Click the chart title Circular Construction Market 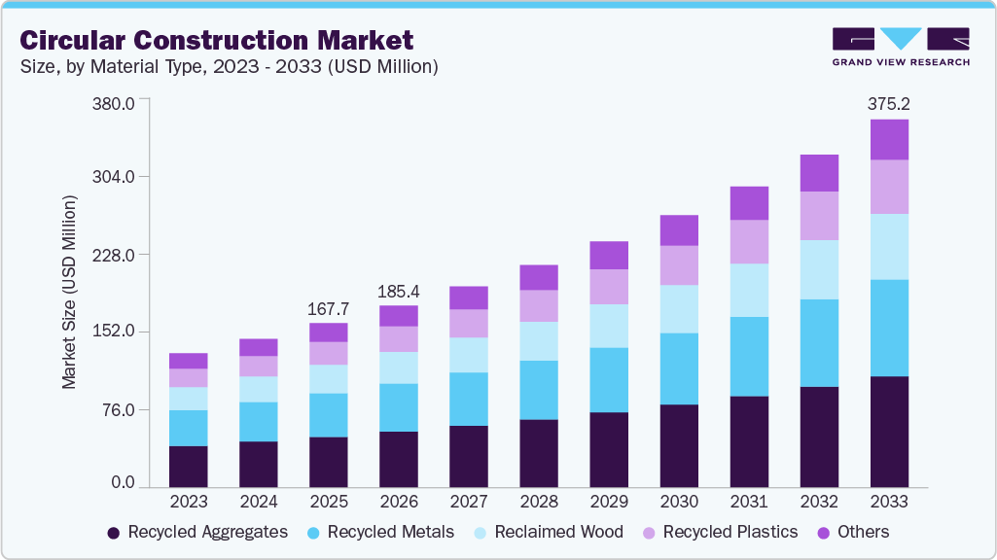[x=217, y=40]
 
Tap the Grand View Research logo [x=901, y=47]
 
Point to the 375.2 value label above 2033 [x=889, y=103]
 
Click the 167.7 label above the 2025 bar [x=329, y=308]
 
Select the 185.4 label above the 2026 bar [x=399, y=291]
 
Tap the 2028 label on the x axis [x=539, y=503]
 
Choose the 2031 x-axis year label [x=749, y=503]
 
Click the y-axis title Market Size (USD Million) [x=69, y=292]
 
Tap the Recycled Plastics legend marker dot [x=647, y=533]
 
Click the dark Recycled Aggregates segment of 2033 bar [x=889, y=431]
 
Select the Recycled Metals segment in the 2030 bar [x=679, y=368]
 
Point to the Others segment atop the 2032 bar [x=819, y=173]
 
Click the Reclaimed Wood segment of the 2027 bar [x=469, y=355]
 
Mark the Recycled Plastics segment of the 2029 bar [x=609, y=287]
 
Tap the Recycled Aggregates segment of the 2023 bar [x=189, y=466]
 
